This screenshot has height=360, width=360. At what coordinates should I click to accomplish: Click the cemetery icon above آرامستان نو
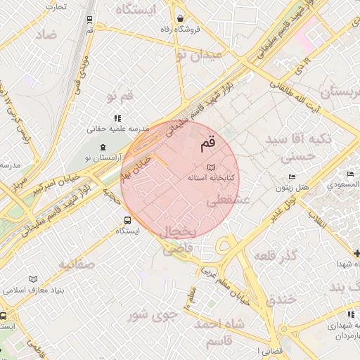pyautogui.click(x=103, y=148)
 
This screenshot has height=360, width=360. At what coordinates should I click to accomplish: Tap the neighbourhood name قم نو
pyautogui.click(x=120, y=96)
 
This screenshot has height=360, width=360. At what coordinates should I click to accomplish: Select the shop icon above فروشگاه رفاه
pyautogui.click(x=181, y=19)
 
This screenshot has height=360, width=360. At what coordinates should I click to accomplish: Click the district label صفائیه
pyautogui.click(x=77, y=265)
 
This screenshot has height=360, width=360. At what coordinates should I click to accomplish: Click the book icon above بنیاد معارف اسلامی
pyautogui.click(x=33, y=279)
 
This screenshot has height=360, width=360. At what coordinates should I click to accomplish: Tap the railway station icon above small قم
pyautogui.click(x=89, y=19)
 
